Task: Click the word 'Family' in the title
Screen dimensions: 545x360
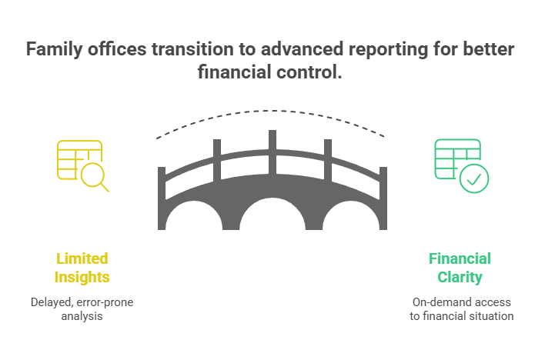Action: point(55,49)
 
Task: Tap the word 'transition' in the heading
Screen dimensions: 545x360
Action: point(192,49)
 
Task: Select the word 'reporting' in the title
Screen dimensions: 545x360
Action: point(389,50)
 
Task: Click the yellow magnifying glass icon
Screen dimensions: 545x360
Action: point(93,175)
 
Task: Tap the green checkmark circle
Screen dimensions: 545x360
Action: point(474,178)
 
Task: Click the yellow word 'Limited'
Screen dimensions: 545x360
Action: point(82,258)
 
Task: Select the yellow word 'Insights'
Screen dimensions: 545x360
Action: point(82,277)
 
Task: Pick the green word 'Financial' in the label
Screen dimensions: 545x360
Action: point(460,258)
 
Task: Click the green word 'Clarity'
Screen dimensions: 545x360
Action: point(460,277)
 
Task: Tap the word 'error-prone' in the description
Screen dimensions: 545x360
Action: point(105,302)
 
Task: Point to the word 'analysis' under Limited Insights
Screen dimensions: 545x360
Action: point(82,316)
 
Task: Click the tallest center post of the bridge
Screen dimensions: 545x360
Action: point(272,152)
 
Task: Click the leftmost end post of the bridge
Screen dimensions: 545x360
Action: point(162,198)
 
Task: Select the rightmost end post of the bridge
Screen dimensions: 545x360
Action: point(383,198)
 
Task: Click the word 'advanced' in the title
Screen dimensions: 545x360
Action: point(302,49)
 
